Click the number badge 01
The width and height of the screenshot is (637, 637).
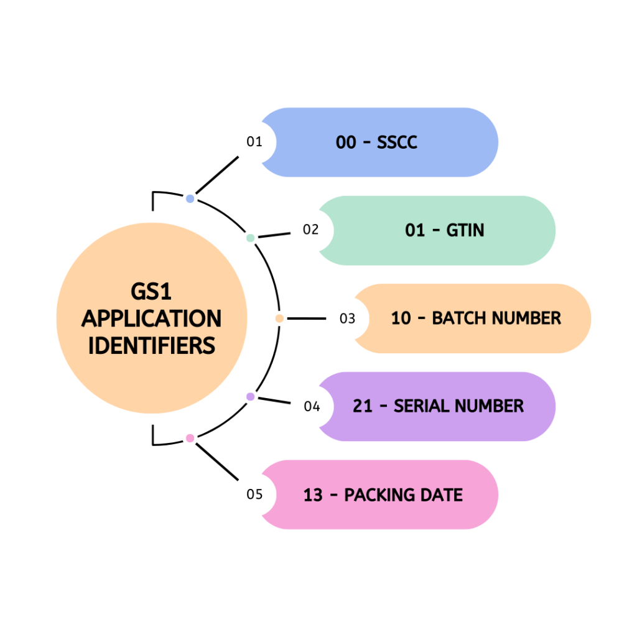tap(254, 142)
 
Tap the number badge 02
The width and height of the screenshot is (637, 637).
tap(311, 230)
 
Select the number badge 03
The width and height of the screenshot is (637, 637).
tap(347, 318)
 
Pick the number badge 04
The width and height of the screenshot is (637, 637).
tap(312, 407)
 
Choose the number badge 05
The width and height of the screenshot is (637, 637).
tap(254, 495)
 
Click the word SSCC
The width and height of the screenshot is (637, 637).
tap(397, 142)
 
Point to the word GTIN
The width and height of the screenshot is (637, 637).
tap(465, 231)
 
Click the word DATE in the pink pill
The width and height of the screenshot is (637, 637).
tap(440, 495)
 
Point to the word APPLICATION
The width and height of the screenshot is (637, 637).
tap(151, 318)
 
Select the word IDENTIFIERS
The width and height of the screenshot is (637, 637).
tap(151, 345)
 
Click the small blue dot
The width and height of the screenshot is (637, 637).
tap(190, 199)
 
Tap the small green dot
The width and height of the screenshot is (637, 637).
tap(250, 238)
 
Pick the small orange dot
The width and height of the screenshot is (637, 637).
tap(279, 318)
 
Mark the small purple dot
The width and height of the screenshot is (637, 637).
tap(250, 396)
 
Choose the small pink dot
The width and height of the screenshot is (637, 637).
tap(190, 439)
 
